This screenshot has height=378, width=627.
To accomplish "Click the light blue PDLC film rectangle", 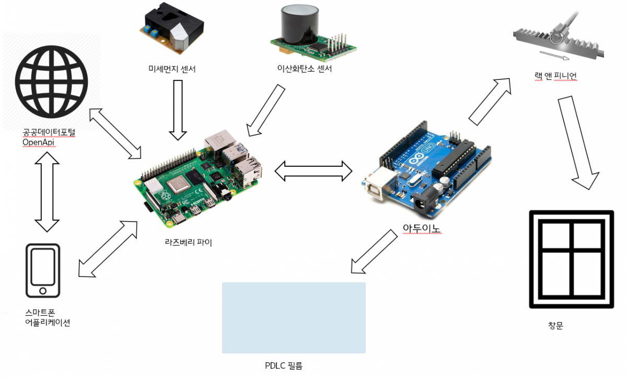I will pos(293,318).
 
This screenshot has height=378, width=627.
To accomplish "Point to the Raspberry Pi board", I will pos(199,178).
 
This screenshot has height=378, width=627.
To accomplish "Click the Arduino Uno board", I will pos(426,173).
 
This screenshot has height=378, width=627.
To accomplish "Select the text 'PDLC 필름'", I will pos(284,366).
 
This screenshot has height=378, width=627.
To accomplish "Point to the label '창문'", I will pos(555,326).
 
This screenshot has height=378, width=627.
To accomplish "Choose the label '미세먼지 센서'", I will pos(172,68).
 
